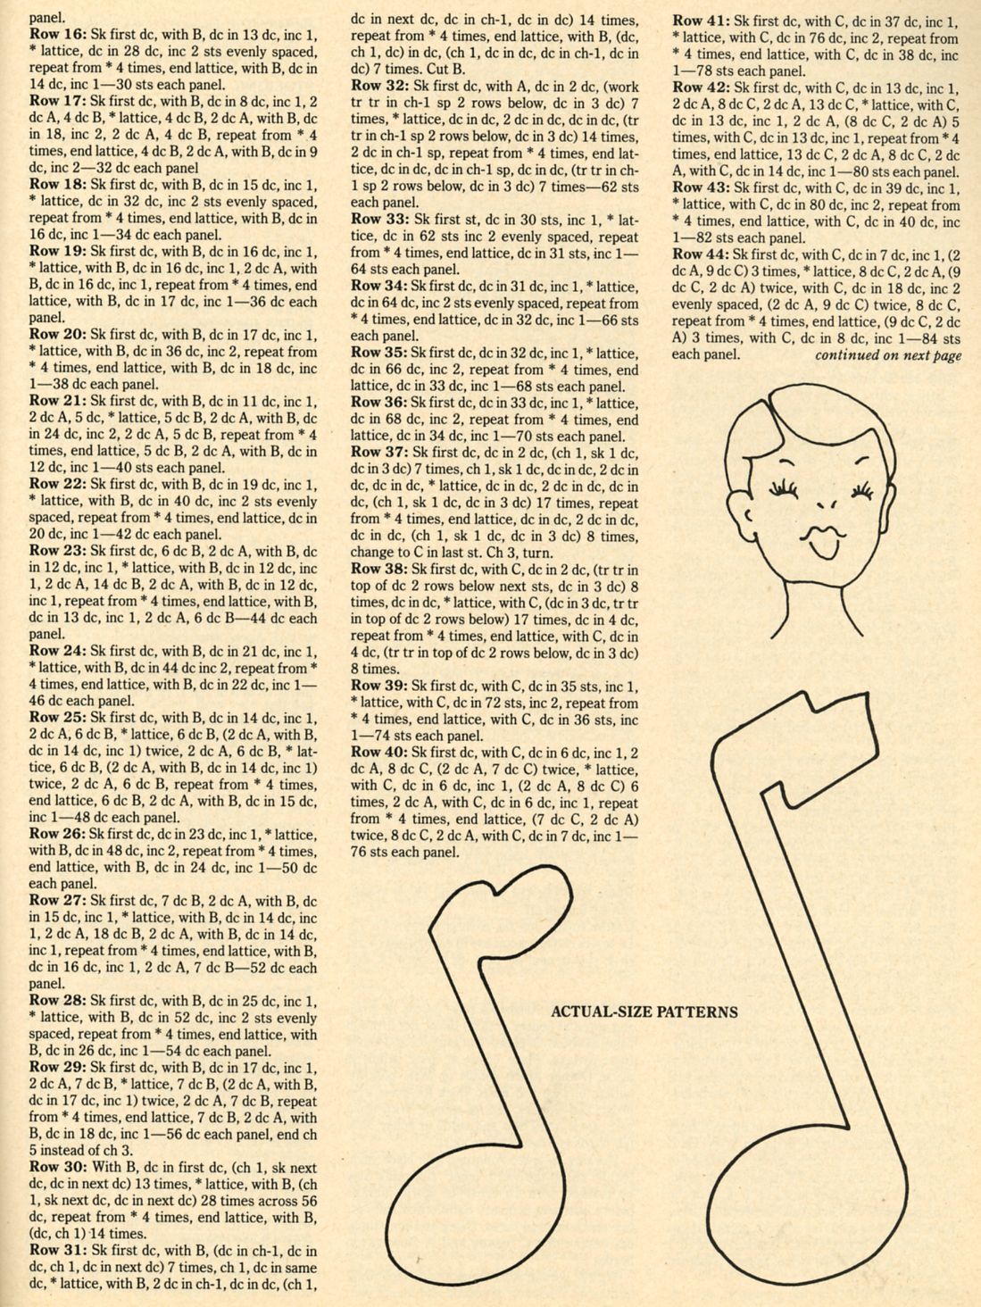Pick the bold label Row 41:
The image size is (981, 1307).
click(x=700, y=20)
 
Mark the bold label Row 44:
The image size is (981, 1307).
click(x=700, y=254)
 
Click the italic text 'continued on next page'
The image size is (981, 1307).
click(x=888, y=355)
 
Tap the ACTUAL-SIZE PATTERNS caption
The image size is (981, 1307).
click(x=644, y=1012)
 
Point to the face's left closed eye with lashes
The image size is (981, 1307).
click(x=782, y=488)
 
